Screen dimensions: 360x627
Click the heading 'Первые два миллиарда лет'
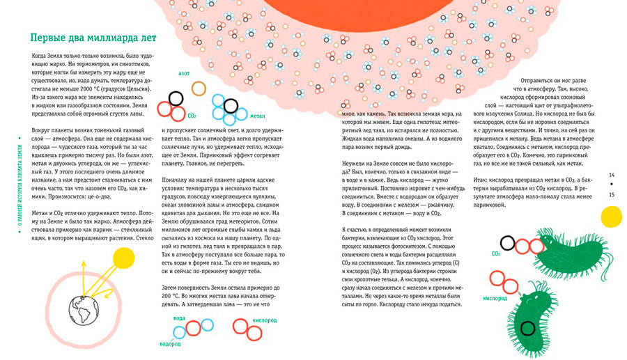[88, 38]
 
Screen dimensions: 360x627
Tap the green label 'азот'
[185, 72]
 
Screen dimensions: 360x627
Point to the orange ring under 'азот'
[199, 88]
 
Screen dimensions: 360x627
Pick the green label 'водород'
[170, 345]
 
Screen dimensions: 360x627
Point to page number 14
[611, 175]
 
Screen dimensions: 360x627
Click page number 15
[611, 194]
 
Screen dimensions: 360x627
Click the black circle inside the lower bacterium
[527, 327]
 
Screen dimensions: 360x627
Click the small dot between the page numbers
[611, 185]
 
